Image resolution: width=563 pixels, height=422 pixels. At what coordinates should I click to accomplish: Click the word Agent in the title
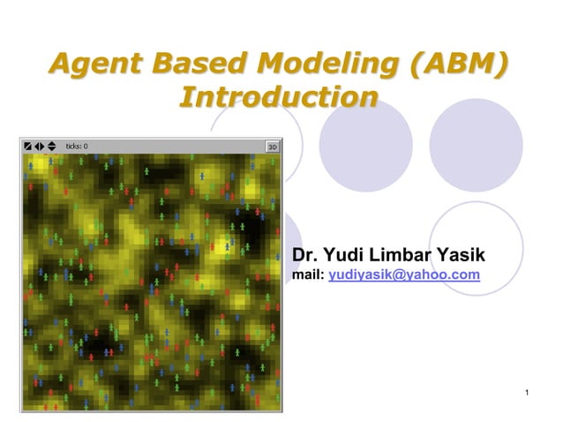click(96, 64)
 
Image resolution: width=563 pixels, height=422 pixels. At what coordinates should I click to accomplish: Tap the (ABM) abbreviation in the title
click(455, 64)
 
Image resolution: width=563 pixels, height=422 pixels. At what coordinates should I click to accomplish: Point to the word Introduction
click(278, 96)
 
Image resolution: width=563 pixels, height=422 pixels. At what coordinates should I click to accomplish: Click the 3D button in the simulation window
click(273, 147)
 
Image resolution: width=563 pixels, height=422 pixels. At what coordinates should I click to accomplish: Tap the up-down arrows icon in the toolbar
click(51, 147)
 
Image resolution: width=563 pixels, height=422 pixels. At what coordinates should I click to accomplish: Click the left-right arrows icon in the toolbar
click(40, 147)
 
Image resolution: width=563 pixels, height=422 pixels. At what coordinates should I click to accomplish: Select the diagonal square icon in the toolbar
click(28, 147)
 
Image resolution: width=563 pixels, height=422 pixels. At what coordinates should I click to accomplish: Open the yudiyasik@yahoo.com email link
click(404, 275)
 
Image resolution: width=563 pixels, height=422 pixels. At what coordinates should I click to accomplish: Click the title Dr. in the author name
click(306, 256)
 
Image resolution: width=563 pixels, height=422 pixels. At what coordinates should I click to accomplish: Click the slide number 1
click(525, 391)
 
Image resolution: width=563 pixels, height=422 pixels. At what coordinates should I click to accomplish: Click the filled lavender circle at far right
click(476, 144)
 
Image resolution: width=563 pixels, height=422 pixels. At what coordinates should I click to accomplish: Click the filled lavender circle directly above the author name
click(365, 144)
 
